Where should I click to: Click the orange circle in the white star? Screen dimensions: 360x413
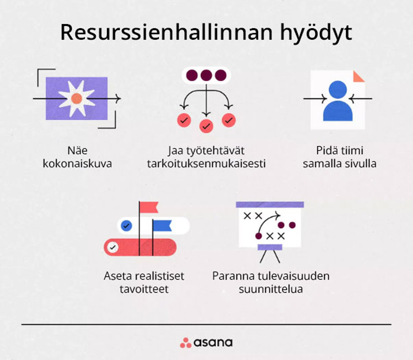coord(76,99)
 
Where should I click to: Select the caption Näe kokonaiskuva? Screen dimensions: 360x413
coord(77,157)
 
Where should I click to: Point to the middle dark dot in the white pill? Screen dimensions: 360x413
coord(206,75)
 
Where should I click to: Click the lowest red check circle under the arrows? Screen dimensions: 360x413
coord(206,126)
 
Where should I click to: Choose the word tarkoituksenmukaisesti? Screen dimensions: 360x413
coord(206,163)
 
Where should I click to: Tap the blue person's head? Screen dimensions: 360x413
coord(338,90)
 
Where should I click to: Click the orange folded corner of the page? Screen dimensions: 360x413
coord(359,76)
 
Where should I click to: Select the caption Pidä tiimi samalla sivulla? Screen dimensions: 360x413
coord(339,157)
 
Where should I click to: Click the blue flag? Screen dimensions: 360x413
coord(162,226)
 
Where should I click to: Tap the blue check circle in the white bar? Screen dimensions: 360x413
coord(127,226)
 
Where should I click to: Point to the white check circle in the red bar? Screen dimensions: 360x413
coord(113,247)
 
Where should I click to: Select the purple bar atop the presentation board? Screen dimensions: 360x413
coord(270,205)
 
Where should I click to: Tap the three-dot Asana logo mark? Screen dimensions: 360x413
coord(186,342)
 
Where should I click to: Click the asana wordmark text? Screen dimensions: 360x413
coord(213,342)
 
